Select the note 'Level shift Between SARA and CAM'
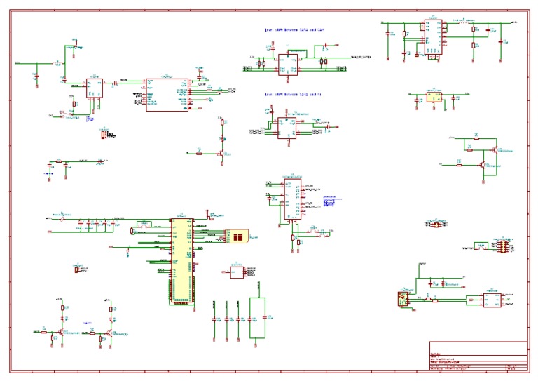(x=294, y=30)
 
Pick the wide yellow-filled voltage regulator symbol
(x=434, y=98)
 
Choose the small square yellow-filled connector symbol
(x=403, y=298)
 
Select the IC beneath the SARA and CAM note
(x=287, y=64)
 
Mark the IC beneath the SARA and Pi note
(x=286, y=127)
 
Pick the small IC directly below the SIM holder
(x=237, y=271)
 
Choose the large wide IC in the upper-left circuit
(x=166, y=93)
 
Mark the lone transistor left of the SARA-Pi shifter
(x=221, y=151)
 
